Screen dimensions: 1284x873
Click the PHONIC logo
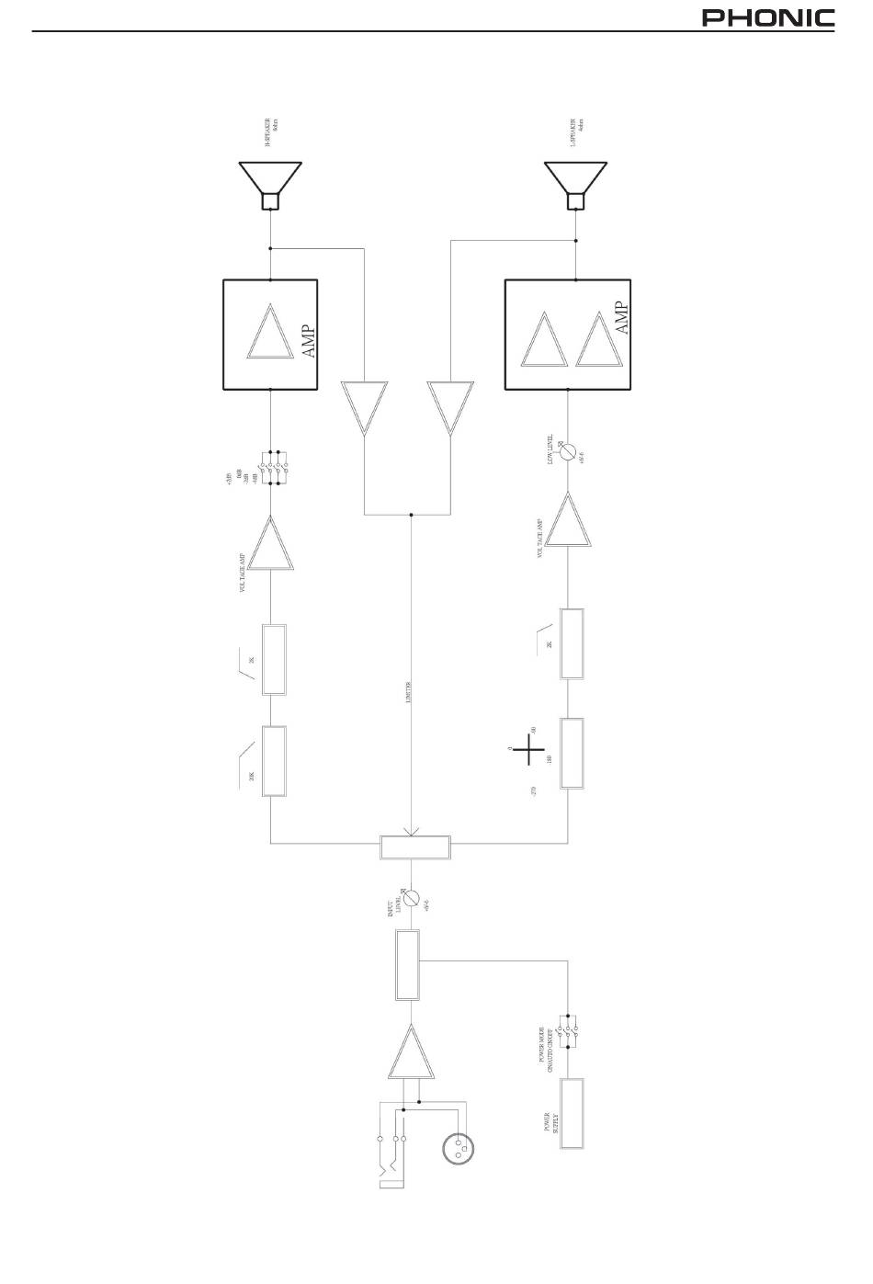click(x=768, y=18)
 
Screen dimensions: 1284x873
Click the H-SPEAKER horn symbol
click(x=270, y=185)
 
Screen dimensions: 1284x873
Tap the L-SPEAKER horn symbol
click(x=575, y=185)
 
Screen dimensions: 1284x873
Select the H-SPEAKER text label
click(x=271, y=133)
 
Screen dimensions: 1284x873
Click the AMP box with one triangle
click(x=271, y=334)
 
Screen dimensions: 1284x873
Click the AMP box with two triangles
click(x=569, y=334)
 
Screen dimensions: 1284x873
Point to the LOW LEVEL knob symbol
click(x=569, y=452)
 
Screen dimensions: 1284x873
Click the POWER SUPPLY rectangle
click(x=572, y=1113)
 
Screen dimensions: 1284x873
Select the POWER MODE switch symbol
click(x=570, y=1033)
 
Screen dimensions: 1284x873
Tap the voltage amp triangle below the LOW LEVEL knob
click(x=569, y=521)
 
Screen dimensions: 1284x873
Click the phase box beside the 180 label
click(x=572, y=754)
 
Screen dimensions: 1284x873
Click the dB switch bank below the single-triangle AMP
click(x=272, y=467)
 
